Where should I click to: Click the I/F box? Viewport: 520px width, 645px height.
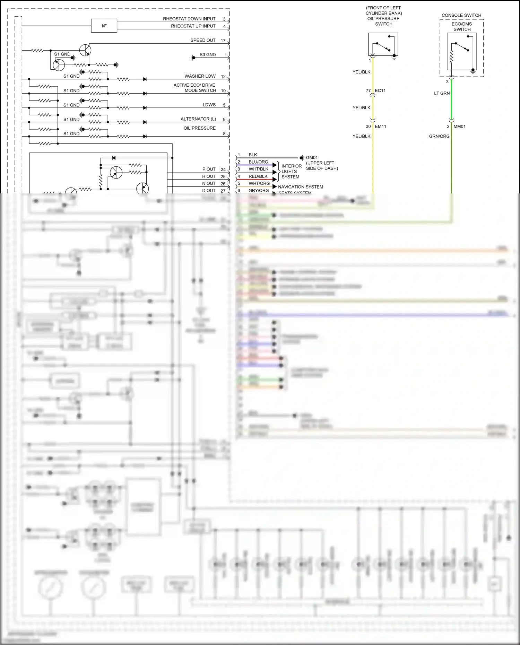(x=104, y=26)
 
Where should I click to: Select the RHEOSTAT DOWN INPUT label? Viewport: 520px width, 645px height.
(x=189, y=19)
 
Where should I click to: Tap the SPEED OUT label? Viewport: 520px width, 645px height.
(x=203, y=40)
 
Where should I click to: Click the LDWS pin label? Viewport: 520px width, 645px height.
(x=209, y=105)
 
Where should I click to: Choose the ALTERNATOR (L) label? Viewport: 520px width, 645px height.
(x=198, y=119)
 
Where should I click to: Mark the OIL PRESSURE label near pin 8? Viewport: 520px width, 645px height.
(x=199, y=128)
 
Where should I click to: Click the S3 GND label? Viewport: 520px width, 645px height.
(x=207, y=55)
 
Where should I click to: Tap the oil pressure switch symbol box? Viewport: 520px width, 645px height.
(x=383, y=44)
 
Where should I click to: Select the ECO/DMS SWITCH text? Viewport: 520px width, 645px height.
(x=462, y=27)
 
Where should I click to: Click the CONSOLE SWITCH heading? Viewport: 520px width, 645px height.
(x=461, y=15)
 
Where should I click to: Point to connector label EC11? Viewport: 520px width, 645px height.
(x=380, y=90)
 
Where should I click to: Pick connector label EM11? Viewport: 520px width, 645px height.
(x=380, y=127)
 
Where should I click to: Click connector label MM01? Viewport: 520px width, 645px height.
(x=459, y=127)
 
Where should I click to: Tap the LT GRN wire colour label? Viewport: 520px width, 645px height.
(x=442, y=93)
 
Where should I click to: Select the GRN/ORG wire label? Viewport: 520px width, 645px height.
(x=439, y=136)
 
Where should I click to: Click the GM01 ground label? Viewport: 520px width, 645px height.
(x=312, y=158)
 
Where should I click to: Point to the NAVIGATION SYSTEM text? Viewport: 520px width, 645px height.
(x=300, y=187)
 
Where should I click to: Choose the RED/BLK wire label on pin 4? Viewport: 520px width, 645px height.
(x=258, y=176)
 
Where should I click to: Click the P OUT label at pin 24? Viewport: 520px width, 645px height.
(x=209, y=169)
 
